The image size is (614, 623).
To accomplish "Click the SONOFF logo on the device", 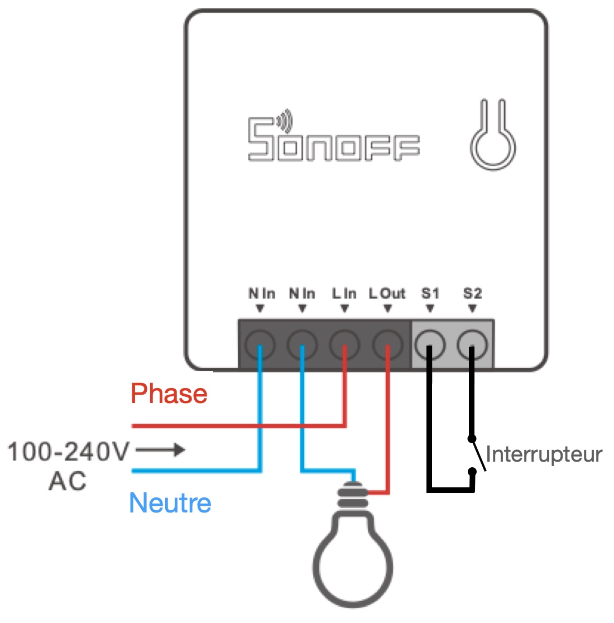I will pyautogui.click(x=333, y=140).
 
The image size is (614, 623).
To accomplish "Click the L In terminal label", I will pyautogui.click(x=344, y=294).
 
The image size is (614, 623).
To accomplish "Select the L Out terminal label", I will pyautogui.click(x=387, y=294).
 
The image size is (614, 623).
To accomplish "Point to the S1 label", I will pyautogui.click(x=430, y=294).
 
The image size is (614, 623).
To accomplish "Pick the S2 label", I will pyautogui.click(x=472, y=294).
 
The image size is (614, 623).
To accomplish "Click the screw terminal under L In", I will pyautogui.click(x=344, y=344).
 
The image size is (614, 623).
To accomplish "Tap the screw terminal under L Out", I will pyautogui.click(x=387, y=344).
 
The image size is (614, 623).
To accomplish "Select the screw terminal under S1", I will pyautogui.click(x=430, y=344).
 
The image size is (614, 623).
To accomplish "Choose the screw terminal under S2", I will pyautogui.click(x=472, y=344).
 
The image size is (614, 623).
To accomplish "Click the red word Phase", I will pyautogui.click(x=169, y=394).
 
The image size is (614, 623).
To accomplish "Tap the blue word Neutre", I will pyautogui.click(x=170, y=504).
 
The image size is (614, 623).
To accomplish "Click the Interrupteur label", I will pyautogui.click(x=544, y=454).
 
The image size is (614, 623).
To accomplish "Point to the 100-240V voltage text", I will pyautogui.click(x=69, y=451).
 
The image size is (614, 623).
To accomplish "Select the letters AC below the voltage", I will pyautogui.click(x=68, y=481).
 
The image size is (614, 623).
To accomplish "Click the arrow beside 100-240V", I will pyautogui.click(x=160, y=449).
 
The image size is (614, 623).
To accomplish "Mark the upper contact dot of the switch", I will pyautogui.click(x=472, y=439).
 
